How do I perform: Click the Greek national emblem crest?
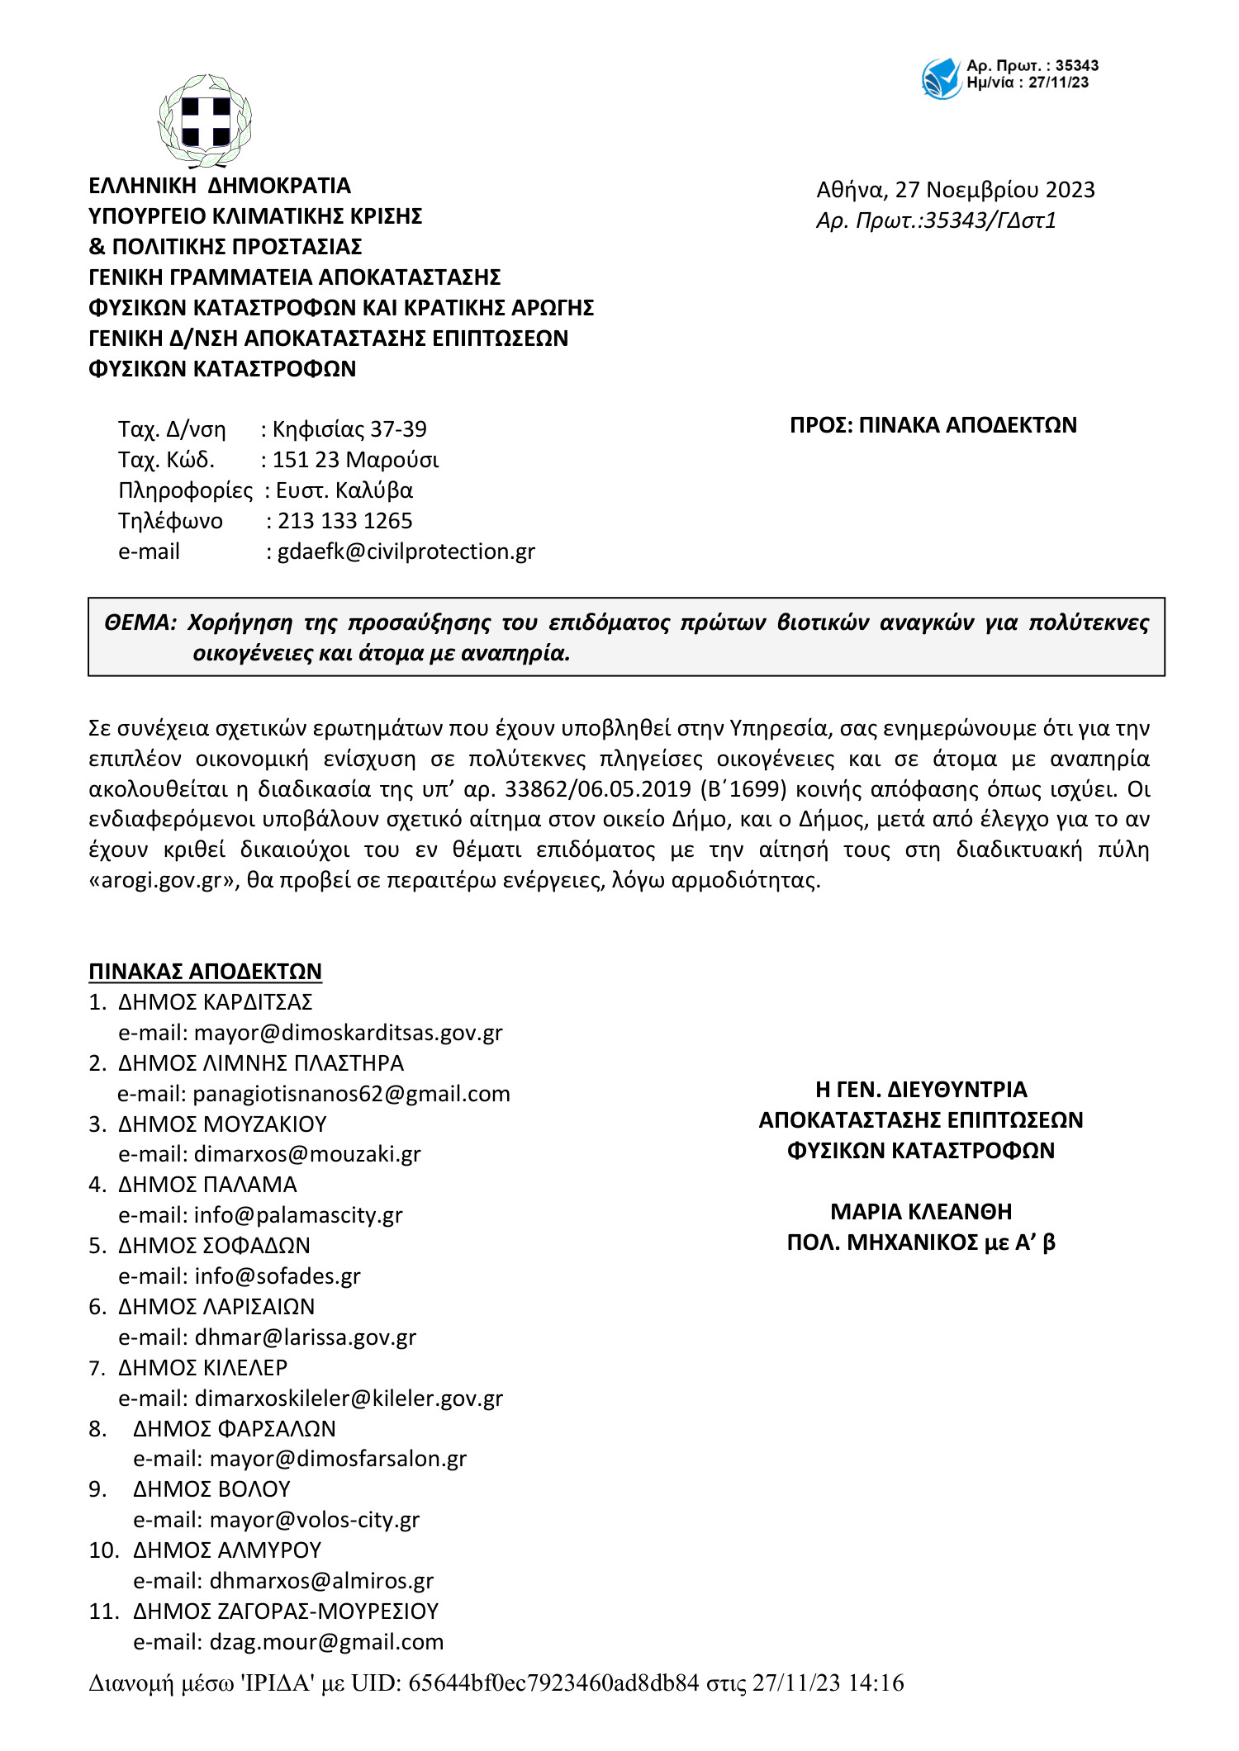coord(204,121)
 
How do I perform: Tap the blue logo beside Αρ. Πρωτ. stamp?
coord(941,79)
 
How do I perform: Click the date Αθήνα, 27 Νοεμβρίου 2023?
coord(955,190)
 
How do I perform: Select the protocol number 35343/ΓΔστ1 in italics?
coord(990,220)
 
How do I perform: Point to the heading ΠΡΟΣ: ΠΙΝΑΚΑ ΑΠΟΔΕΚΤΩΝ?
coord(933,425)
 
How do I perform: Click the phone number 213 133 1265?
coord(344,521)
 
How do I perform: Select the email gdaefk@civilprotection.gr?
coord(406,551)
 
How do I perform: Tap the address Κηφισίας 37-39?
coord(349,429)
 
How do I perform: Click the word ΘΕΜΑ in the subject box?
coord(140,622)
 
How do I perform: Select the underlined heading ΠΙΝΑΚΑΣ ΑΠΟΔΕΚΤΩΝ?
coord(205,972)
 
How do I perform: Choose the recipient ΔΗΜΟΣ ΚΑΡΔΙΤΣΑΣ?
coord(215,1002)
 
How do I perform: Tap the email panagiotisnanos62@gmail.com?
coord(351,1094)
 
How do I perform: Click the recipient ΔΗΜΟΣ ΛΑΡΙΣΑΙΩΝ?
coord(216,1307)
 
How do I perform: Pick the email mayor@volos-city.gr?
coord(315,1520)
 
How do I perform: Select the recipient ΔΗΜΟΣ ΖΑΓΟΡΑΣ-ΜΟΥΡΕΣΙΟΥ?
coord(286,1611)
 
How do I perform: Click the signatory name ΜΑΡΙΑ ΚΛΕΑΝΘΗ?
coord(921,1212)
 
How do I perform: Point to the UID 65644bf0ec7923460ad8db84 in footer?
coord(553,1682)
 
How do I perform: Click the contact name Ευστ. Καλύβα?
coord(344,490)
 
